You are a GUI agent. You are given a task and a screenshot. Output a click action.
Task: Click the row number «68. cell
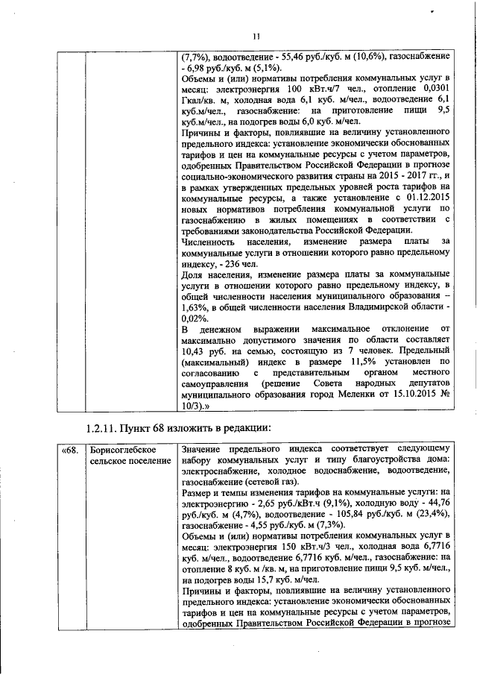(69, 451)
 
